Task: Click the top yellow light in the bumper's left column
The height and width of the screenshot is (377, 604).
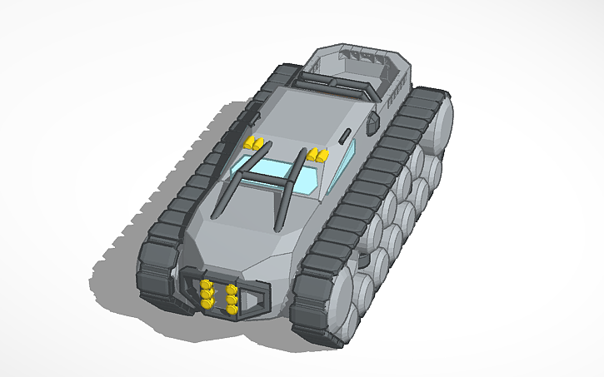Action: click(206, 285)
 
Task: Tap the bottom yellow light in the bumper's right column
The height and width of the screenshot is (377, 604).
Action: click(231, 310)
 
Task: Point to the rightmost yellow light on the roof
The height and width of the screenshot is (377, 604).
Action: click(321, 155)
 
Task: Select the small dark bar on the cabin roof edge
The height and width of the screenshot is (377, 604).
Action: click(344, 135)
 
